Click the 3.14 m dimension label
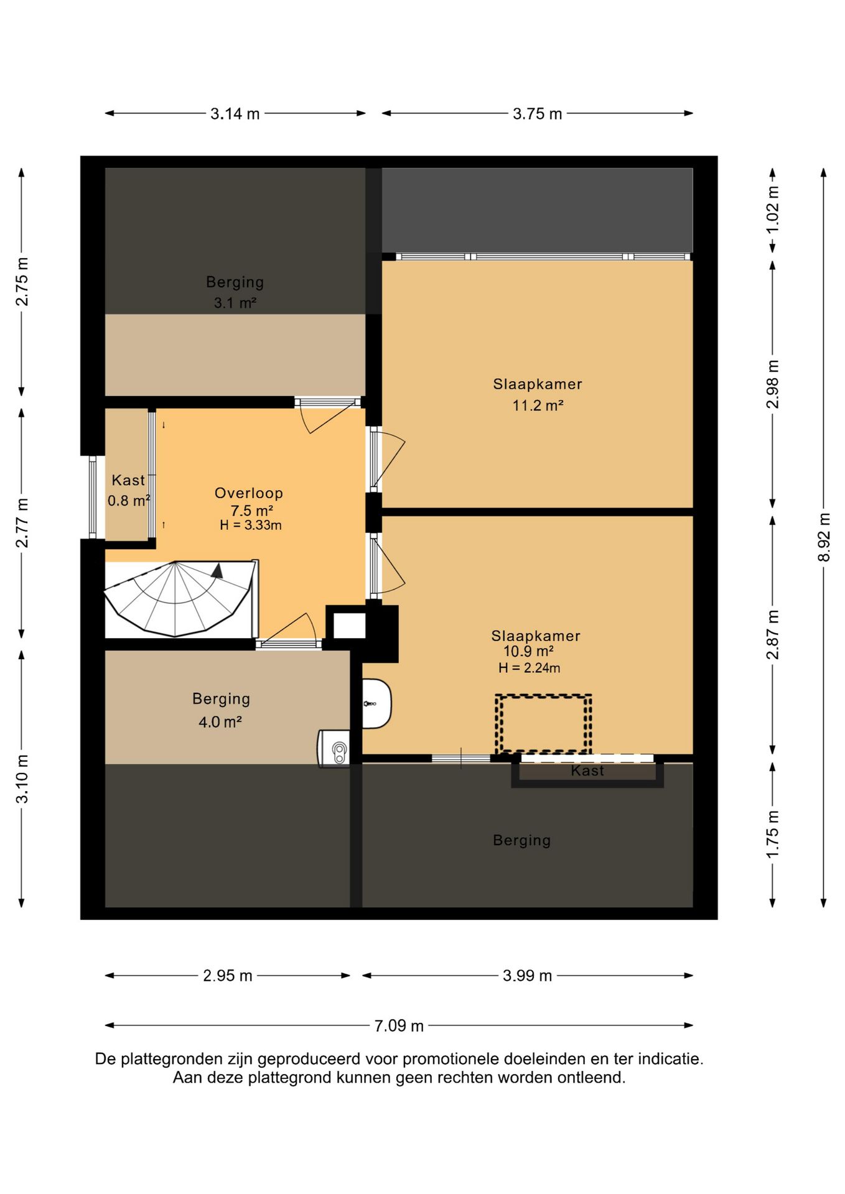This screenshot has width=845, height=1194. [235, 114]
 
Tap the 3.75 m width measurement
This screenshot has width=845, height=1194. [538, 114]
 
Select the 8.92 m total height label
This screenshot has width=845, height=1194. [824, 537]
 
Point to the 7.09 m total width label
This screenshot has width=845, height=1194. [399, 1025]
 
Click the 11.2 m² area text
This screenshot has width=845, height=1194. [538, 405]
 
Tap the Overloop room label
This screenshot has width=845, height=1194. [249, 493]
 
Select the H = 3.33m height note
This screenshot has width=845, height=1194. [251, 525]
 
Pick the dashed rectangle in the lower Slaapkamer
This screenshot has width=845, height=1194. [543, 724]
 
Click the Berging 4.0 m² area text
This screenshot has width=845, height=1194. [220, 722]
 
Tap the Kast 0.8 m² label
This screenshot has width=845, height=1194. [129, 490]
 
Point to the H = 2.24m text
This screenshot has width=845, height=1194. [529, 669]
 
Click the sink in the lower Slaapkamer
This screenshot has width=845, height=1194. [377, 703]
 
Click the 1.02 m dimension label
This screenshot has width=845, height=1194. [772, 210]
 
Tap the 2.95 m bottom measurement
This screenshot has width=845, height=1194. [228, 976]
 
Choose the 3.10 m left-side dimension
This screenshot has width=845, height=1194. [22, 779]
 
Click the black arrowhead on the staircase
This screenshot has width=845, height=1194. [217, 571]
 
